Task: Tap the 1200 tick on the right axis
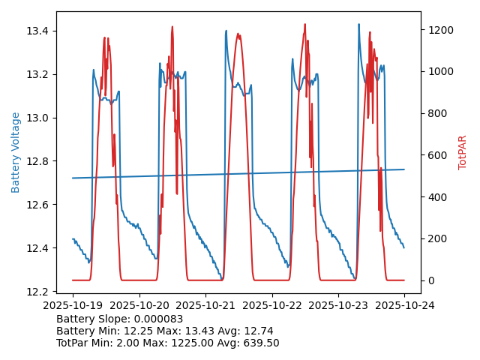(438, 30)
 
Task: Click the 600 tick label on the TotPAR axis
(435, 155)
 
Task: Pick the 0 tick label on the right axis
(429, 280)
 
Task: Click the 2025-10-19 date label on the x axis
(73, 305)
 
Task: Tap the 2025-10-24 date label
(404, 305)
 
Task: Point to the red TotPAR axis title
(462, 152)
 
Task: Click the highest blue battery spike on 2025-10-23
(358, 24)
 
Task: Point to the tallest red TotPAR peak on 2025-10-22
(305, 24)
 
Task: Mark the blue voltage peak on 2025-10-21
(226, 31)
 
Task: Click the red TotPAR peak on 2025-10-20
(172, 27)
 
